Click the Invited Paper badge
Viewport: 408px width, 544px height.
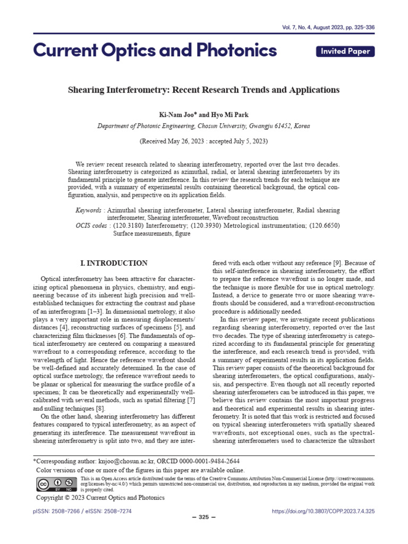coord(345,51)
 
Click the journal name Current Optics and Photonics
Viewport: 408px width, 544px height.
coord(155,50)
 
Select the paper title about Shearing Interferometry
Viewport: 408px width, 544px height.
coord(203,90)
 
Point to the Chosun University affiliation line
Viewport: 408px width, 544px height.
coord(203,126)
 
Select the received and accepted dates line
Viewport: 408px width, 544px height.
coord(203,142)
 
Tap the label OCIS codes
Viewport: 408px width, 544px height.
coord(91,226)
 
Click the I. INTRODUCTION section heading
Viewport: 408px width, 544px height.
coord(114,263)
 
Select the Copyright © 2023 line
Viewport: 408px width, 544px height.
coord(100,498)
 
